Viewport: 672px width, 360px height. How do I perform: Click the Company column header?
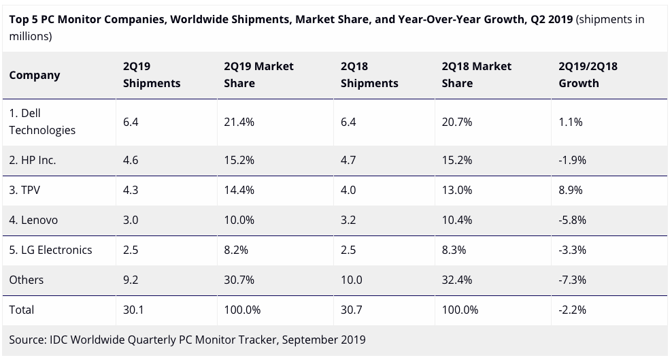click(x=35, y=75)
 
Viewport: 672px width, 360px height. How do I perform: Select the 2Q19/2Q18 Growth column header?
click(x=588, y=75)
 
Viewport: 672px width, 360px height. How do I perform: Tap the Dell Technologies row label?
click(x=42, y=121)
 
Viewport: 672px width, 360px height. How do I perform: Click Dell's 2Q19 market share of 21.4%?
click(x=239, y=122)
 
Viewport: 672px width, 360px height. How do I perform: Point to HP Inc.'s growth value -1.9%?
click(x=572, y=161)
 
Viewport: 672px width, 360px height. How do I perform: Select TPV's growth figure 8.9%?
click(x=571, y=191)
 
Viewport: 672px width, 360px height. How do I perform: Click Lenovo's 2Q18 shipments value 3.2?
click(x=348, y=220)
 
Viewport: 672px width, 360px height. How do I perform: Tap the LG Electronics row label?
click(x=50, y=250)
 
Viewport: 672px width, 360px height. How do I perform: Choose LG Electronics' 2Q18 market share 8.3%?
click(x=454, y=250)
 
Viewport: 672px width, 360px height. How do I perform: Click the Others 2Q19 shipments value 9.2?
click(x=131, y=280)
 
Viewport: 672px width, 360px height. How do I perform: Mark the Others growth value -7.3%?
click(x=572, y=280)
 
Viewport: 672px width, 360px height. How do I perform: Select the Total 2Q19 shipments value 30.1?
click(x=134, y=310)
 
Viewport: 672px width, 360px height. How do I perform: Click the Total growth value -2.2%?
click(x=572, y=310)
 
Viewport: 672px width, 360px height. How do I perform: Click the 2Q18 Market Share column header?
click(x=477, y=75)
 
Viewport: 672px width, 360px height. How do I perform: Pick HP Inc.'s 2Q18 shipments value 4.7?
click(x=348, y=161)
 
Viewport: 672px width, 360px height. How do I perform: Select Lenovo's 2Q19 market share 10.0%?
click(x=239, y=220)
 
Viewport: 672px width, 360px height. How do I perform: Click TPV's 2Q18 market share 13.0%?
click(x=457, y=191)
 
